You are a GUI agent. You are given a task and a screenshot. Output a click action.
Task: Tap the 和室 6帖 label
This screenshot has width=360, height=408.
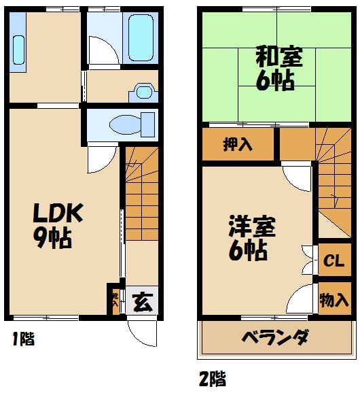tap(274, 68)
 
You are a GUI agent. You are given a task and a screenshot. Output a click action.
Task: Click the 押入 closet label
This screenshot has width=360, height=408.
tap(238, 145)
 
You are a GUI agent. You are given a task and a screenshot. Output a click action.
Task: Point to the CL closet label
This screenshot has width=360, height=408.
tap(333, 260)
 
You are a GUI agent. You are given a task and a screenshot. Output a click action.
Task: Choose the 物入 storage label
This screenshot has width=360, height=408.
tap(334, 300)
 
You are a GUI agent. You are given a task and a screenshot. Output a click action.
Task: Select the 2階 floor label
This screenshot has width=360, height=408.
tap(213, 377)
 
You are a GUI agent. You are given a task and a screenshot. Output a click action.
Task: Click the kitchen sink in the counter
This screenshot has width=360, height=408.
tap(18, 50)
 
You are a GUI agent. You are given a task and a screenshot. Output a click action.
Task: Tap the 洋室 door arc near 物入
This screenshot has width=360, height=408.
tap(300, 299)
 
